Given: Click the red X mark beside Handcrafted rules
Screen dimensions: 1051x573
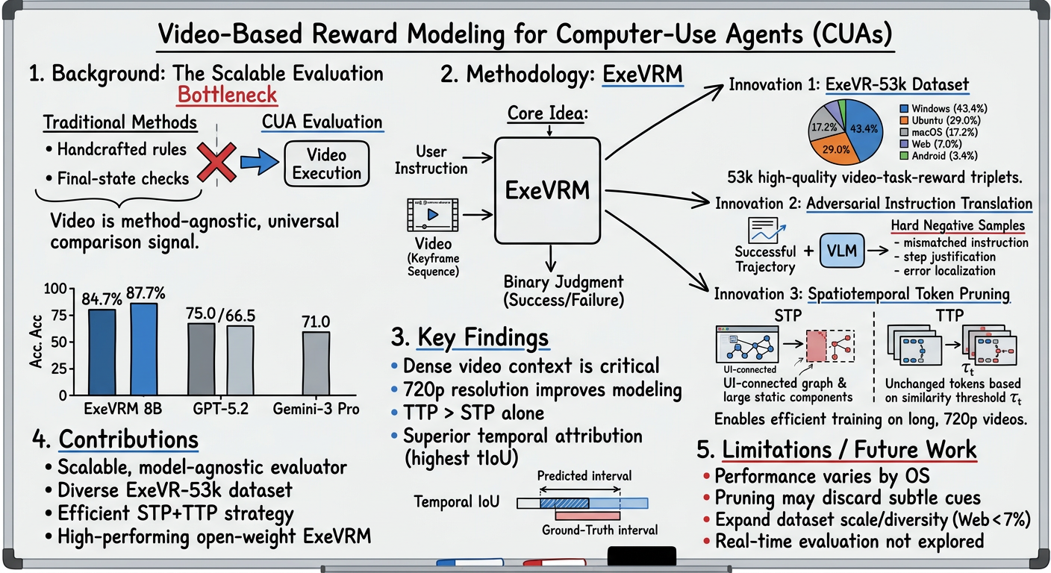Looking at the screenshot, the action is pyautogui.click(x=216, y=162).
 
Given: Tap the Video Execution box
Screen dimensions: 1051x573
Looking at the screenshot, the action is pyautogui.click(x=326, y=163).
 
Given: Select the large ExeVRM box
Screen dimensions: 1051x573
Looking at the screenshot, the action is pyautogui.click(x=548, y=190).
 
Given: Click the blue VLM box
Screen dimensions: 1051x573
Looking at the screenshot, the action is pyautogui.click(x=842, y=251).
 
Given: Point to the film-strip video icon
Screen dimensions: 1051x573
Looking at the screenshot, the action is pyautogui.click(x=433, y=215).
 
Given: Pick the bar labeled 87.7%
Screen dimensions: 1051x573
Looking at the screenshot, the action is pyautogui.click(x=144, y=349).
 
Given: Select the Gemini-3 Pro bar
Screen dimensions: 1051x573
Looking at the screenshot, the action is pyautogui.click(x=316, y=363).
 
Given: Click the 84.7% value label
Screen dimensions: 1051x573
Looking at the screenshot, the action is pyautogui.click(x=102, y=298).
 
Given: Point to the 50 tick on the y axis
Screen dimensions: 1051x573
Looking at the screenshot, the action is pyautogui.click(x=59, y=342).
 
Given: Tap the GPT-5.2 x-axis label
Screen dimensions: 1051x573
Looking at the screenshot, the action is pyautogui.click(x=220, y=409).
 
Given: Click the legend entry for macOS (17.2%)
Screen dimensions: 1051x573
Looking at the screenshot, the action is pyautogui.click(x=938, y=132).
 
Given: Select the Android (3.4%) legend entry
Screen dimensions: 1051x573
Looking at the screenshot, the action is pyautogui.click(x=938, y=156).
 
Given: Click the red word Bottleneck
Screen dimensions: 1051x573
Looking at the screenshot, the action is pyautogui.click(x=227, y=95).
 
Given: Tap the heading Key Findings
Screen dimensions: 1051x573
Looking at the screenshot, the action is pyautogui.click(x=483, y=338).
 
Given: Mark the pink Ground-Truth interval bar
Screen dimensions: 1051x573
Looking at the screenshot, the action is pyautogui.click(x=587, y=516).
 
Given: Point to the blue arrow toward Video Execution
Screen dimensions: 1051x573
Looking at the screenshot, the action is pyautogui.click(x=260, y=162).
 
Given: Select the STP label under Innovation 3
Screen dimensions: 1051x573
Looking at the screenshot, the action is pyautogui.click(x=788, y=316).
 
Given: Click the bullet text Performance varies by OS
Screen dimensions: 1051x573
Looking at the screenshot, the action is pyautogui.click(x=822, y=477).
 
